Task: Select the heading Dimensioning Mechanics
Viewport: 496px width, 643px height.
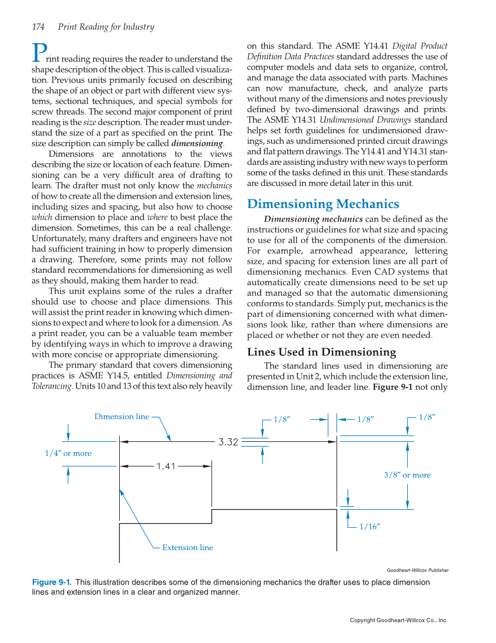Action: (323, 204)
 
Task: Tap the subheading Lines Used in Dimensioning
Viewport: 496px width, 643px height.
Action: (321, 352)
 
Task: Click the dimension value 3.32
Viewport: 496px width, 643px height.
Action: (228, 442)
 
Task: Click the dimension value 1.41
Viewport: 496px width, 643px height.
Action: (166, 466)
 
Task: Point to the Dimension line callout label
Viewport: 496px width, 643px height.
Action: (122, 417)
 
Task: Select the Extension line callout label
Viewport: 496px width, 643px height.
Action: (188, 548)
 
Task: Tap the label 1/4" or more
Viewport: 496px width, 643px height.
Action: (68, 453)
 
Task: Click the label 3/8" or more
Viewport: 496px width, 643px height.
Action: (407, 475)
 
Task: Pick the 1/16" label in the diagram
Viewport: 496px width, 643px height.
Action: (370, 527)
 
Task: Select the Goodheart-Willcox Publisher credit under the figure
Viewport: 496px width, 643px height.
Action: (417, 571)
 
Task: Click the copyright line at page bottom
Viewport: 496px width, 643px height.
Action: (398, 620)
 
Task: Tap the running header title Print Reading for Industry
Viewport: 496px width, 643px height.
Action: (106, 27)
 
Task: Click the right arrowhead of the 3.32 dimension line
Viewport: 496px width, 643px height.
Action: (332, 442)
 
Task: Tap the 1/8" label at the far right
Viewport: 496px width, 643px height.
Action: (427, 417)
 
